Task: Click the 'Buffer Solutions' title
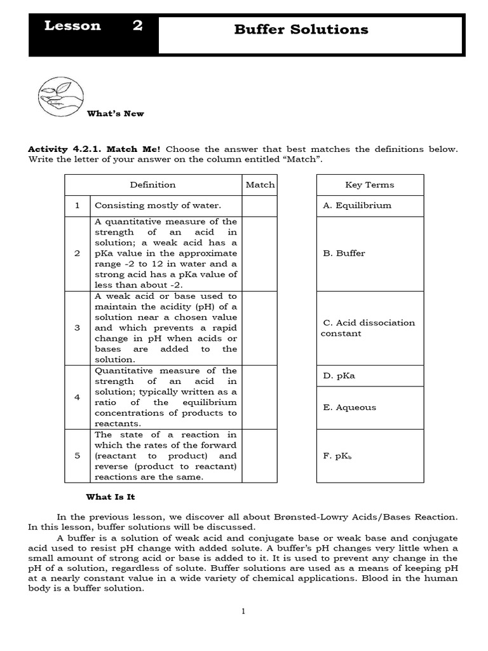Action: (301, 29)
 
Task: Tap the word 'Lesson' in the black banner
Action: (72, 26)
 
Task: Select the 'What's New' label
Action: (115, 114)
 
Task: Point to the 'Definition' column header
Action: (152, 185)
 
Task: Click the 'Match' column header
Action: (260, 185)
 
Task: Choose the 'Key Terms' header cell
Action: (369, 185)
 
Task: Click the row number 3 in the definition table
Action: (77, 328)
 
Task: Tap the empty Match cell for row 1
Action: (260, 206)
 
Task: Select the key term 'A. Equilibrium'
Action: (357, 205)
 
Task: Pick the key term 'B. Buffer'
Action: (344, 253)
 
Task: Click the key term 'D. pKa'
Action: (339, 376)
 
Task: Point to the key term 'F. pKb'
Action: (337, 456)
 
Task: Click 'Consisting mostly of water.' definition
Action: (158, 206)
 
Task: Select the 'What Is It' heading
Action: (111, 497)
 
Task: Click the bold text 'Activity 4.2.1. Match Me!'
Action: (94, 149)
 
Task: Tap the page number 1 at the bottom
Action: (243, 612)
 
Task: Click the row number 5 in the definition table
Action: (77, 456)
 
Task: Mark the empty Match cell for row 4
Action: (260, 397)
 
